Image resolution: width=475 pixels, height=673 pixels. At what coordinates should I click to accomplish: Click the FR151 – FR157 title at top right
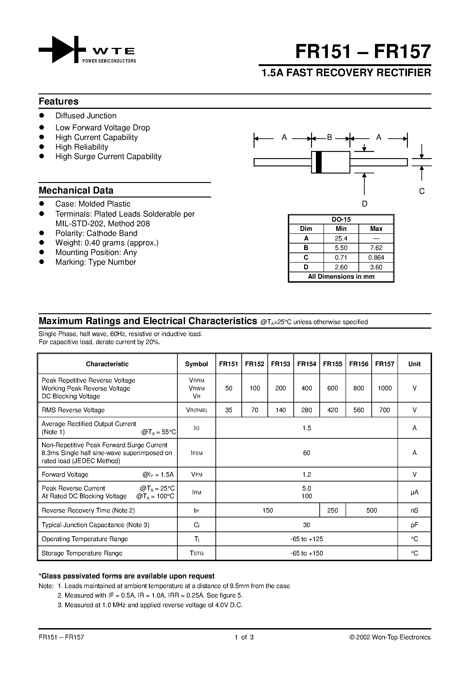pos(363,52)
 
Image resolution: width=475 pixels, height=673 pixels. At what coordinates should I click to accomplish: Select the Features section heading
pos(59,102)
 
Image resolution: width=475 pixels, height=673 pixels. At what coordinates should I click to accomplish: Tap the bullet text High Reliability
pos(82,147)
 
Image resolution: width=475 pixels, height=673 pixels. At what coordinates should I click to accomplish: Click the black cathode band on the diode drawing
pos(319,162)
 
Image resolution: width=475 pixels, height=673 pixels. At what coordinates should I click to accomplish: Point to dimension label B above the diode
pos(329,137)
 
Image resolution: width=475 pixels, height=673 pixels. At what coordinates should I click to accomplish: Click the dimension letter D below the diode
pos(365,204)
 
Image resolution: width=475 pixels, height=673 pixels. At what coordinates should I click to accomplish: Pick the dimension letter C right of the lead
pos(422,191)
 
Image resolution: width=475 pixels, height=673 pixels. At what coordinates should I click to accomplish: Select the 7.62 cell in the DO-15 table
pos(376,248)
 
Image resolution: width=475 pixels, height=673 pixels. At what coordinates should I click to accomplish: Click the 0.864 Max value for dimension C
pos(376,258)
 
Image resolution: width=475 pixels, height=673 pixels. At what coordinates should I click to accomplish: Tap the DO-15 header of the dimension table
pos(341,220)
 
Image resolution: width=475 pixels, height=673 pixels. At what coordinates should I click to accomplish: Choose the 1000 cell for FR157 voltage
pos(384,388)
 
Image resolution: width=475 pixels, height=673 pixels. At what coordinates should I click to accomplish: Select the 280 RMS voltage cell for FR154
pos(307,410)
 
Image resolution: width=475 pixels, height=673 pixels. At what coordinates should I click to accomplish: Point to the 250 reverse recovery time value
pos(332,510)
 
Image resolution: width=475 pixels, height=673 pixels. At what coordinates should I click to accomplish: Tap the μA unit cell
pos(414,492)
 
